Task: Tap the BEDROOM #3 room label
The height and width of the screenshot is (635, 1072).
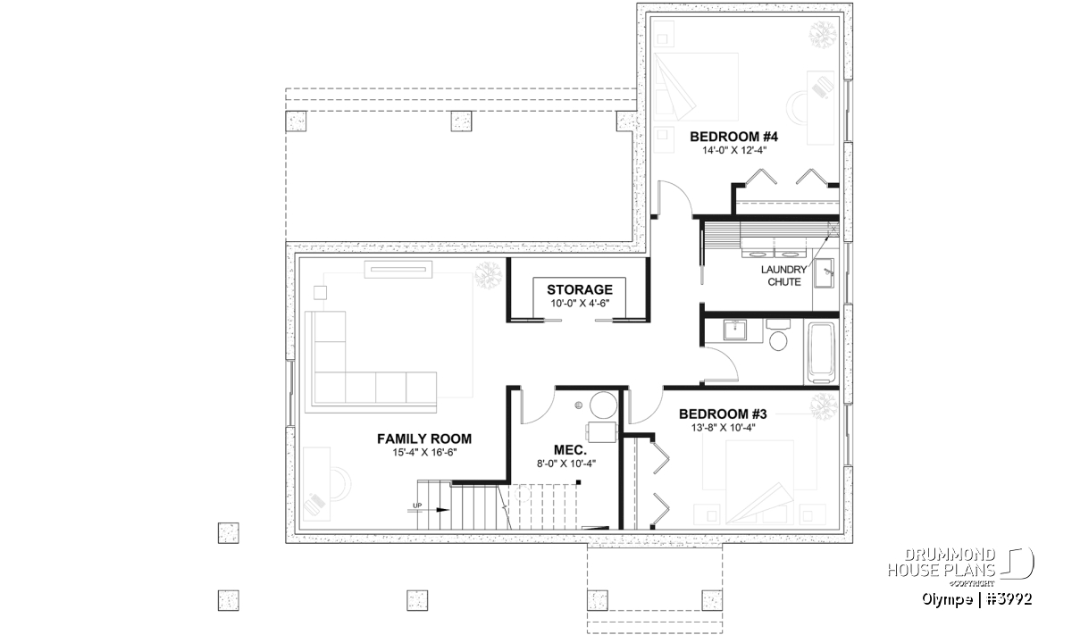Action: point(723,414)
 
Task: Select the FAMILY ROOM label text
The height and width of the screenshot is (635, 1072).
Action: point(424,439)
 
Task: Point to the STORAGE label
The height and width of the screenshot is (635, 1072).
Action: point(580,289)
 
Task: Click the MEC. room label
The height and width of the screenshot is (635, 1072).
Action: point(570,450)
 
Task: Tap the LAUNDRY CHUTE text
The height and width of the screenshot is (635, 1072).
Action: point(784,276)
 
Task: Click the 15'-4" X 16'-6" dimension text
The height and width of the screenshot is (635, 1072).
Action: point(424,452)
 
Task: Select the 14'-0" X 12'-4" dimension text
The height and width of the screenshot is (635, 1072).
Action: point(734,150)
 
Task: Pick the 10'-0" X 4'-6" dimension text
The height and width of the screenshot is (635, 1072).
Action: point(580,303)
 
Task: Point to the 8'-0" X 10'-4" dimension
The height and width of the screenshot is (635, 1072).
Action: point(566,464)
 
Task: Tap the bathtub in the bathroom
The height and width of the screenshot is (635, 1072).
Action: point(821,353)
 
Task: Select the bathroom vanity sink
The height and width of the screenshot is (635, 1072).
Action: point(734,330)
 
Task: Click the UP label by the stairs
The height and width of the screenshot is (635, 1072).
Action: point(417,505)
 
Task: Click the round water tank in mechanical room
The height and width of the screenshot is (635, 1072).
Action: point(604,405)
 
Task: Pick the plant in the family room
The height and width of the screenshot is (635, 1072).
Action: point(488,276)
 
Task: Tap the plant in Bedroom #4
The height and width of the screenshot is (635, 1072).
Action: point(823,35)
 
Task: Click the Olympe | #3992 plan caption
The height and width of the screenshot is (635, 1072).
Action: point(977,599)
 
